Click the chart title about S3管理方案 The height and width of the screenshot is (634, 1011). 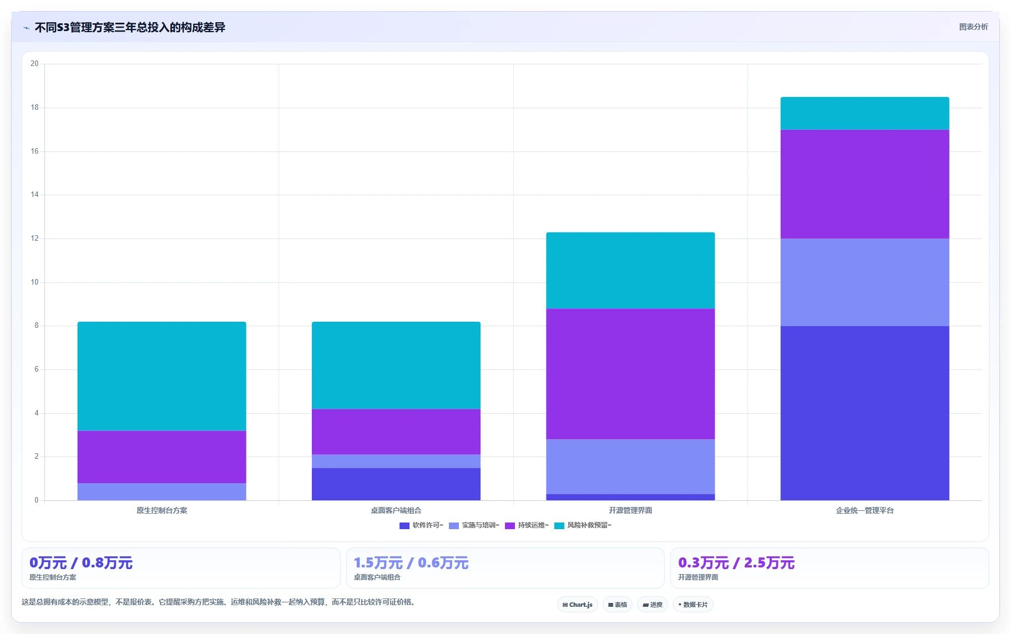click(x=130, y=27)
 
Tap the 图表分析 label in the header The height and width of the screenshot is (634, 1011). click(x=973, y=27)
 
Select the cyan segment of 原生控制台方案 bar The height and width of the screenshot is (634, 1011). click(x=161, y=376)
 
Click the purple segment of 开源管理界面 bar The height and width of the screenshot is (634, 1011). click(x=630, y=374)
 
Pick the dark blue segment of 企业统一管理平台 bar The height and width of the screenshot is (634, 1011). click(x=865, y=413)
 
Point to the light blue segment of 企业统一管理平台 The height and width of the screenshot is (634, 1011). click(x=865, y=282)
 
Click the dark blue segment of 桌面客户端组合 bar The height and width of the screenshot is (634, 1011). click(x=396, y=484)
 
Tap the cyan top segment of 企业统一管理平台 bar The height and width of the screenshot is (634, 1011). click(x=865, y=113)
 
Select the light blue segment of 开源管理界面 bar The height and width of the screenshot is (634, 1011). click(x=630, y=467)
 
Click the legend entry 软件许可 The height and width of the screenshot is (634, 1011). click(x=422, y=525)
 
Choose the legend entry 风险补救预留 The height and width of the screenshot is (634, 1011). click(x=583, y=525)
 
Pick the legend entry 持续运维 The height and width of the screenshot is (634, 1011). click(x=527, y=525)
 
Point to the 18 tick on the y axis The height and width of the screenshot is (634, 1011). click(x=34, y=108)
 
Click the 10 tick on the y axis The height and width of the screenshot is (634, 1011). click(x=34, y=282)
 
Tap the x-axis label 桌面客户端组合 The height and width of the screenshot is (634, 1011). click(x=396, y=510)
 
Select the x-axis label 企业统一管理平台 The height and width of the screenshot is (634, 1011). click(x=865, y=510)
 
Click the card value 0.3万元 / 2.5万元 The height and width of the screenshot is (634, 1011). click(x=736, y=563)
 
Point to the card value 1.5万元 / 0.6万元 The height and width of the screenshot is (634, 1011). click(x=411, y=563)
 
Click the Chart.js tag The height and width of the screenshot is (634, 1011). click(x=578, y=605)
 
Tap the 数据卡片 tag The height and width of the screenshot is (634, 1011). click(x=693, y=605)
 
